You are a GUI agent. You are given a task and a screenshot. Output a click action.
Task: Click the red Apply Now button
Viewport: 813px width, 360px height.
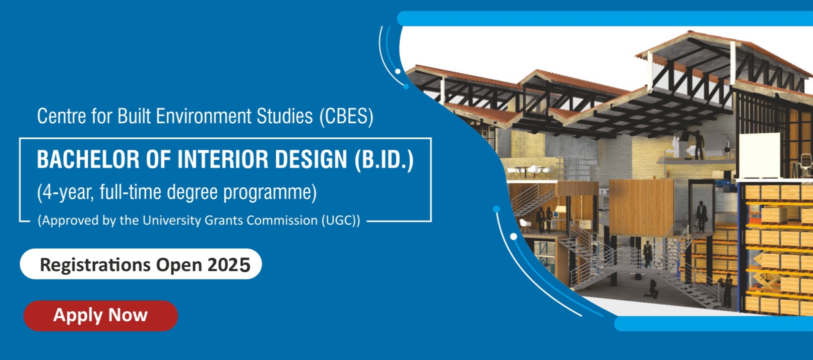coord(100,316)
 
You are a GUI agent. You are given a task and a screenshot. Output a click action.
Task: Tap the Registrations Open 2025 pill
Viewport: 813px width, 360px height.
coord(141,264)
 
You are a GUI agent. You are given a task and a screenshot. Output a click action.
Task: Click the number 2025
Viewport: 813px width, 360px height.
coord(229,265)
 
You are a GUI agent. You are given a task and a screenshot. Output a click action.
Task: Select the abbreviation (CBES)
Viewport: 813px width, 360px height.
coord(346,116)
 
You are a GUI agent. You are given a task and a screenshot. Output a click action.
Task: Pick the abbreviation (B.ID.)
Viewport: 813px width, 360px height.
coord(384,160)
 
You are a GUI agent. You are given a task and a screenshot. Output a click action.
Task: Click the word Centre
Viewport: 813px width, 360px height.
coord(62,116)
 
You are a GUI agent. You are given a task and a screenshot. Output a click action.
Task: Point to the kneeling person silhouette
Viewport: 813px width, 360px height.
coord(652,289)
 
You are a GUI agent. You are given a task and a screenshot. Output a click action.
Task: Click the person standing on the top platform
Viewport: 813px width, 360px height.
coord(699,145)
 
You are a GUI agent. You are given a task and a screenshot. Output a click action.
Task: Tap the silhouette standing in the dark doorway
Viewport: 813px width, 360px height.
coord(701,216)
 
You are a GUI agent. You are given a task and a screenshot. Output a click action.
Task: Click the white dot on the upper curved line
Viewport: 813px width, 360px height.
coord(398,71)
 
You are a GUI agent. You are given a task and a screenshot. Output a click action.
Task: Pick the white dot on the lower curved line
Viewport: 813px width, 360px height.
coord(514,236)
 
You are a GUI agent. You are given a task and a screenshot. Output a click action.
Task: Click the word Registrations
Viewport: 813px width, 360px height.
coord(95,265)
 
